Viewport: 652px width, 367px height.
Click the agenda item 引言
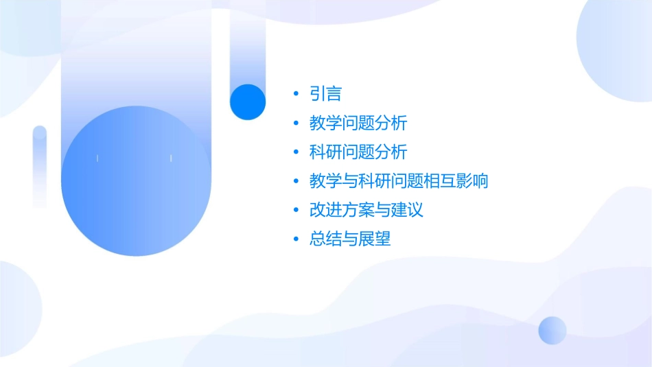click(325, 94)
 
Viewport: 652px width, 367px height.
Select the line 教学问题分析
click(358, 123)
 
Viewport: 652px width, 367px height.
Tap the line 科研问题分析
click(358, 152)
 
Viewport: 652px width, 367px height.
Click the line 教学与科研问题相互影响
click(399, 182)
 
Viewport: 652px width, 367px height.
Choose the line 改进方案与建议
click(366, 210)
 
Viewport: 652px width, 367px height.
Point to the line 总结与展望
click(350, 239)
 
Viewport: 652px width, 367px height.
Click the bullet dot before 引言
click(296, 94)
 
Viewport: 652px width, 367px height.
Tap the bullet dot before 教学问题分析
click(296, 123)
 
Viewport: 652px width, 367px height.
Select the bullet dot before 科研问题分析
click(296, 152)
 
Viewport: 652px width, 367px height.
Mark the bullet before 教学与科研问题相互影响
click(296, 182)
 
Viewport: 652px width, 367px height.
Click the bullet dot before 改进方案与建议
click(296, 210)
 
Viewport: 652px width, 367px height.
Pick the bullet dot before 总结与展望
click(296, 239)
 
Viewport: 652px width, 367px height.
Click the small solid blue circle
click(248, 102)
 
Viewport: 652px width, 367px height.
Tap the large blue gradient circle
click(135, 181)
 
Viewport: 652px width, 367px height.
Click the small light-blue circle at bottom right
click(552, 330)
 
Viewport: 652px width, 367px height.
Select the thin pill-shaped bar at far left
click(40, 166)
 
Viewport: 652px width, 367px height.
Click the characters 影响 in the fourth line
click(471, 182)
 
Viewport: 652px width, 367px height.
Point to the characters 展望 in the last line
click(375, 239)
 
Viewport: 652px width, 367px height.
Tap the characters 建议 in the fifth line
click(407, 210)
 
